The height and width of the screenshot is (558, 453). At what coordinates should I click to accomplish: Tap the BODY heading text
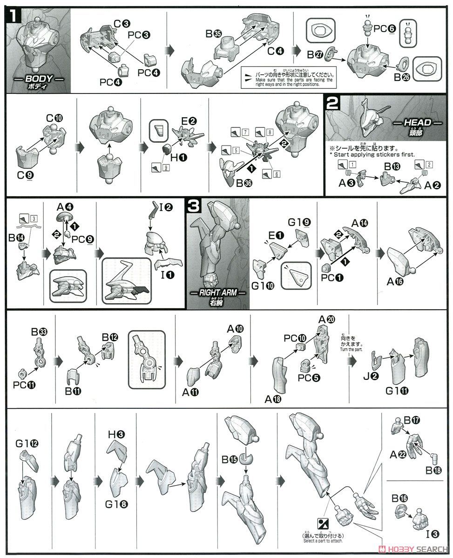(x=39, y=79)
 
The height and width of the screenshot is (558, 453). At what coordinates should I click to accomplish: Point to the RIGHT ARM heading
(x=217, y=292)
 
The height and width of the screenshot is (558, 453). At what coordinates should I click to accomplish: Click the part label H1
(x=179, y=158)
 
